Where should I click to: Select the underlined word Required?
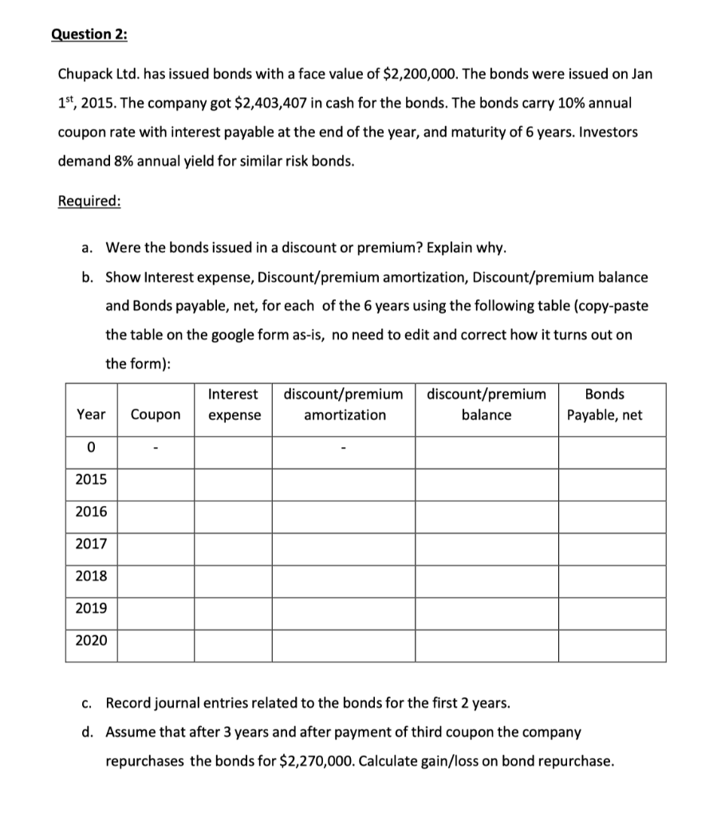coord(89,200)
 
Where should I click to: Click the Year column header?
coord(91,415)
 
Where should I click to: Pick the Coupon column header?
coord(156,415)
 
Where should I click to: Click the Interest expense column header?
coord(234,405)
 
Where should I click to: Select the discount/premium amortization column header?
coord(344,405)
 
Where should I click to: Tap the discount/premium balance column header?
coord(487,405)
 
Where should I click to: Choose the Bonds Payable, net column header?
coord(605,405)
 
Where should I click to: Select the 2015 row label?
coord(91,481)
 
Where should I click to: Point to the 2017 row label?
coord(91,544)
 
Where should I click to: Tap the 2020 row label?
coord(91,640)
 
